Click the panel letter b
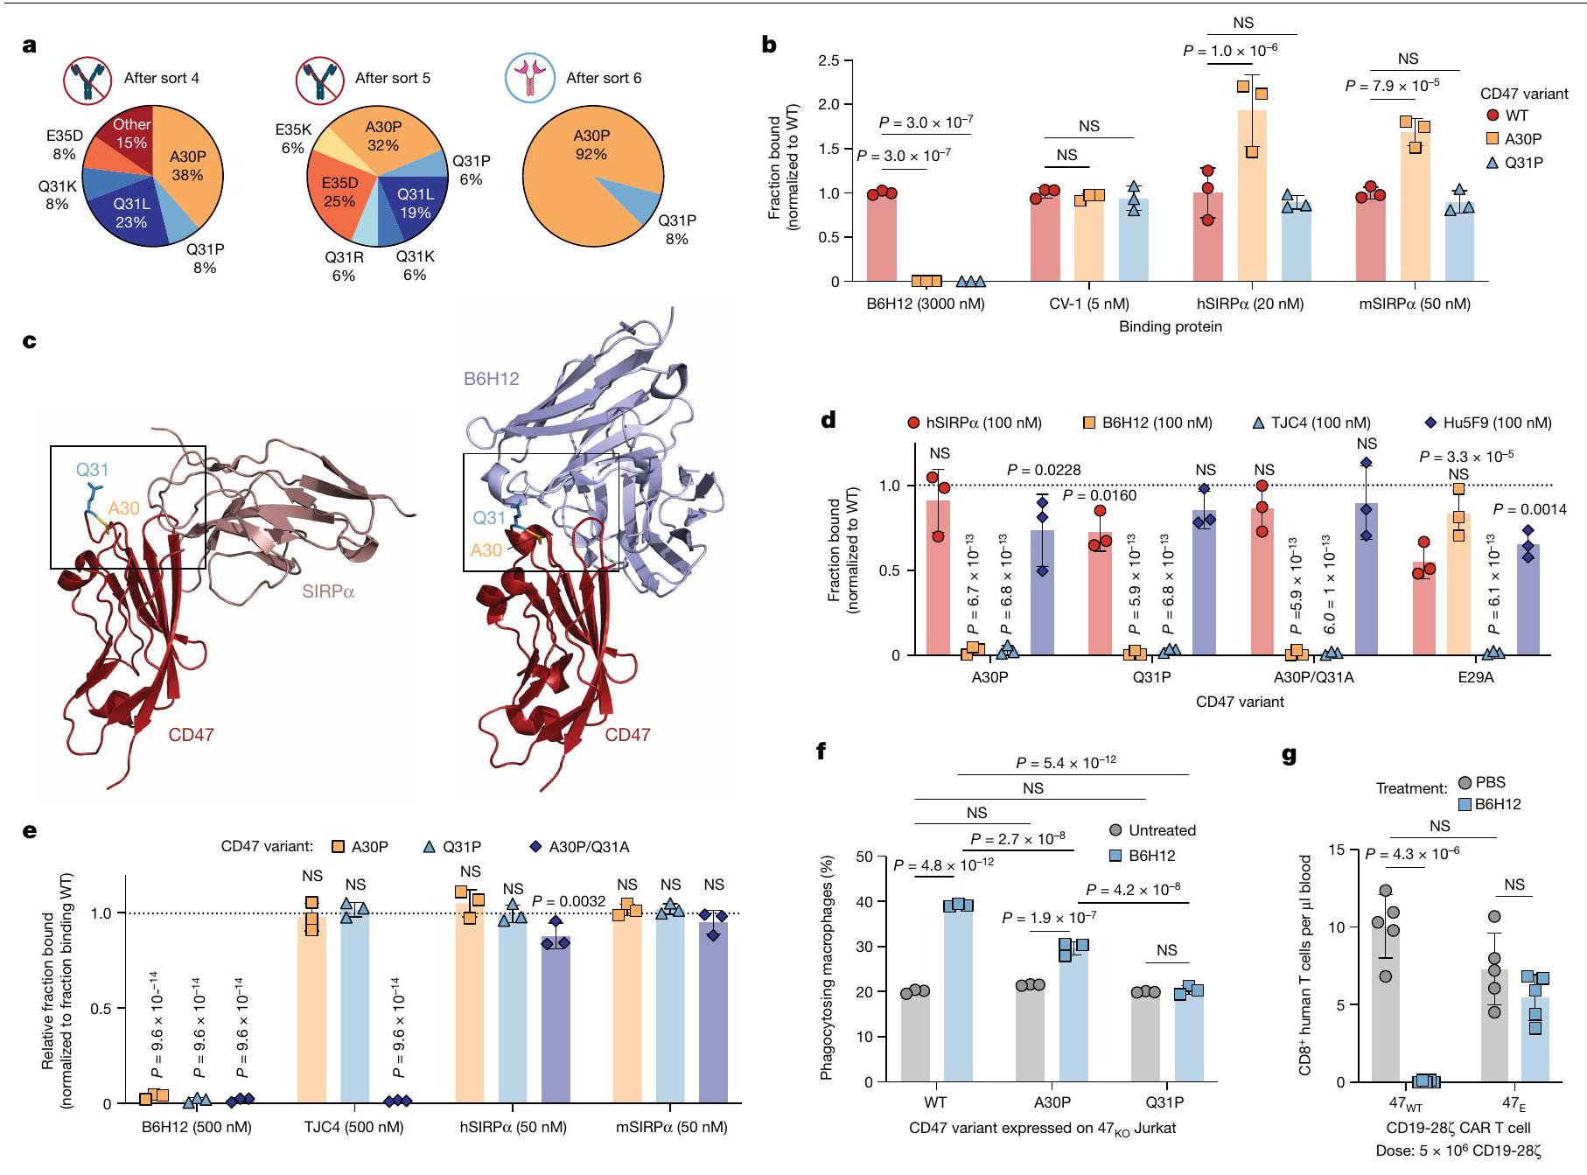(769, 45)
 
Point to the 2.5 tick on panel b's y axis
(828, 60)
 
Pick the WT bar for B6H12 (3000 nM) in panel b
(882, 236)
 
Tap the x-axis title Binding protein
(1170, 326)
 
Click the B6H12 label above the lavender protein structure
(491, 379)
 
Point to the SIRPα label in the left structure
(328, 592)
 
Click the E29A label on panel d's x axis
(1475, 677)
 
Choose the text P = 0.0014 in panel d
(1529, 509)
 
